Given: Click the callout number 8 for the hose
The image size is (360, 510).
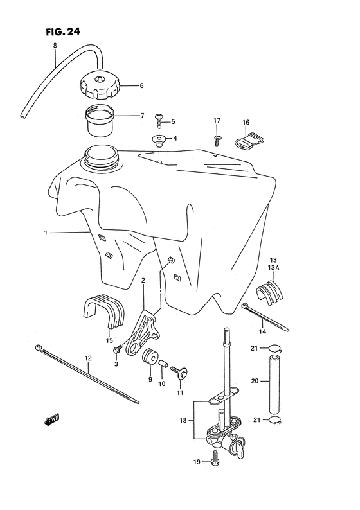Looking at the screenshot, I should (x=55, y=45).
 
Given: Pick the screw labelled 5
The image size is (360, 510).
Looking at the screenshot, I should (x=159, y=120).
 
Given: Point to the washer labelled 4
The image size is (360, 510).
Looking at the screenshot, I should (x=157, y=138).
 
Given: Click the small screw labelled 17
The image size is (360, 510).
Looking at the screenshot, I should (x=217, y=136).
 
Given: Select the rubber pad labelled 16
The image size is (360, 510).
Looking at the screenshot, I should (x=246, y=137).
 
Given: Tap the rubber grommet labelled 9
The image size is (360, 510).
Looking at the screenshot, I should (x=152, y=358).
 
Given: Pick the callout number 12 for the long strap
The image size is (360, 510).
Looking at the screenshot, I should (x=88, y=358).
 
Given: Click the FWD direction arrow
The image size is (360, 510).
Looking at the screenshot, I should (x=52, y=421).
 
